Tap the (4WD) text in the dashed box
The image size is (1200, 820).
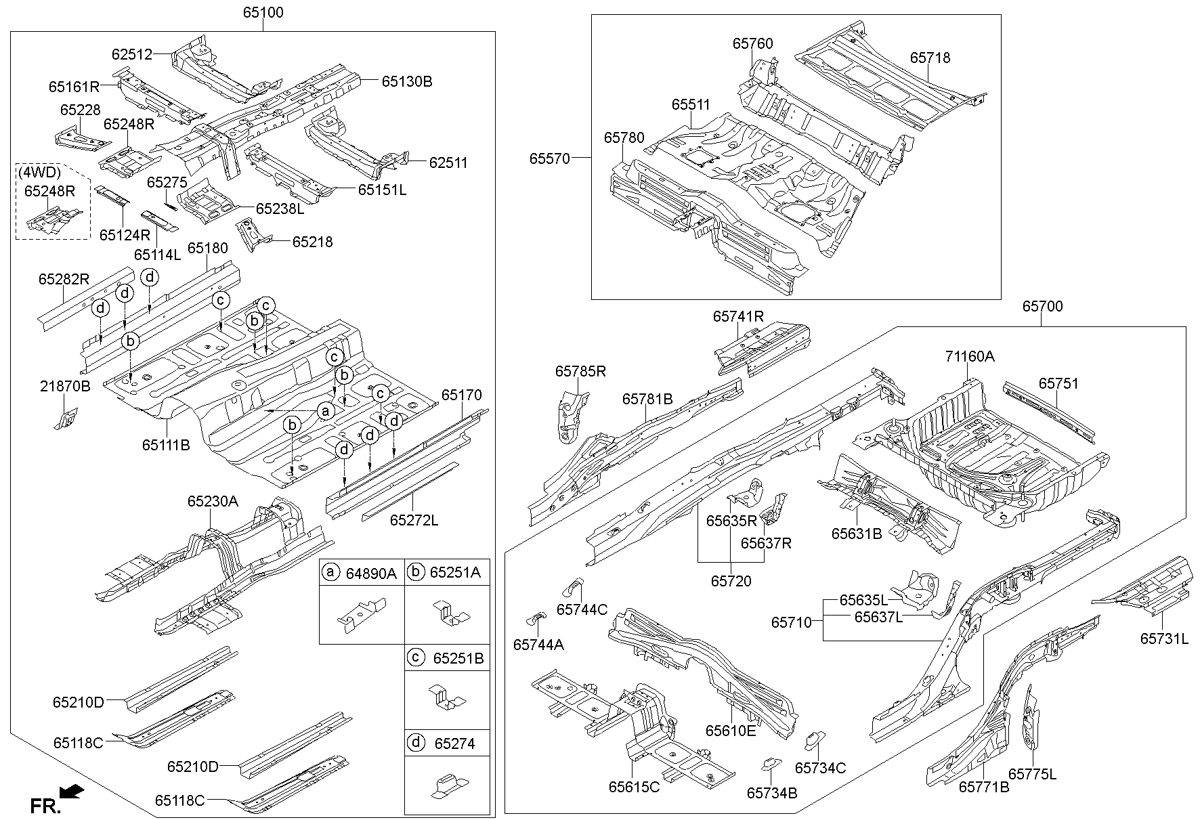tap(40, 172)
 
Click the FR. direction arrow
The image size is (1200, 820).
tap(72, 792)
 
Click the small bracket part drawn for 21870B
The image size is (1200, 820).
tap(66, 419)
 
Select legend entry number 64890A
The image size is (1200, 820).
tap(371, 574)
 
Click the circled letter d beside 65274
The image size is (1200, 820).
tap(416, 743)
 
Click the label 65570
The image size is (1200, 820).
tap(550, 158)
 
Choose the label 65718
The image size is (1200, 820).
tap(930, 58)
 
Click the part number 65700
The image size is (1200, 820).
tap(1042, 307)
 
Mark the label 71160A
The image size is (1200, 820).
tap(970, 356)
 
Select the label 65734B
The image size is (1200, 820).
tap(772, 792)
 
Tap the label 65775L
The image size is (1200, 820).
tap(1032, 774)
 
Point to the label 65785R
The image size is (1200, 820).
tap(580, 371)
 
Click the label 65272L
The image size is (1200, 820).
tap(414, 520)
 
